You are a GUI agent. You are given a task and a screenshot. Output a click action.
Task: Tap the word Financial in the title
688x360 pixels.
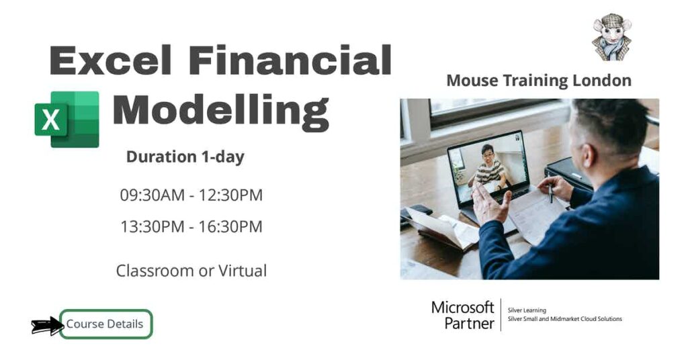290,60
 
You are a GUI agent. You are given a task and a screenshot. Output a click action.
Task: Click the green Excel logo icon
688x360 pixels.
67,120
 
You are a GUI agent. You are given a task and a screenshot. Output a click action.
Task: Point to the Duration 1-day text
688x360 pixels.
185,157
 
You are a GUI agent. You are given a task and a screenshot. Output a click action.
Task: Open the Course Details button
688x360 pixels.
105,324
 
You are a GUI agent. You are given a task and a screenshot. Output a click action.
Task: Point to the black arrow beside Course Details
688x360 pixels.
46,326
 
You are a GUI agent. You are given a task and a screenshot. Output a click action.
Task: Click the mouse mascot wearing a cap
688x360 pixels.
611,37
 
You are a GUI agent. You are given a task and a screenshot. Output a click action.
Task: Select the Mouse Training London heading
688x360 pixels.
539,81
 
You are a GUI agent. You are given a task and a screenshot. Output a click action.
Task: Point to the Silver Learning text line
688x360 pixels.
527,310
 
